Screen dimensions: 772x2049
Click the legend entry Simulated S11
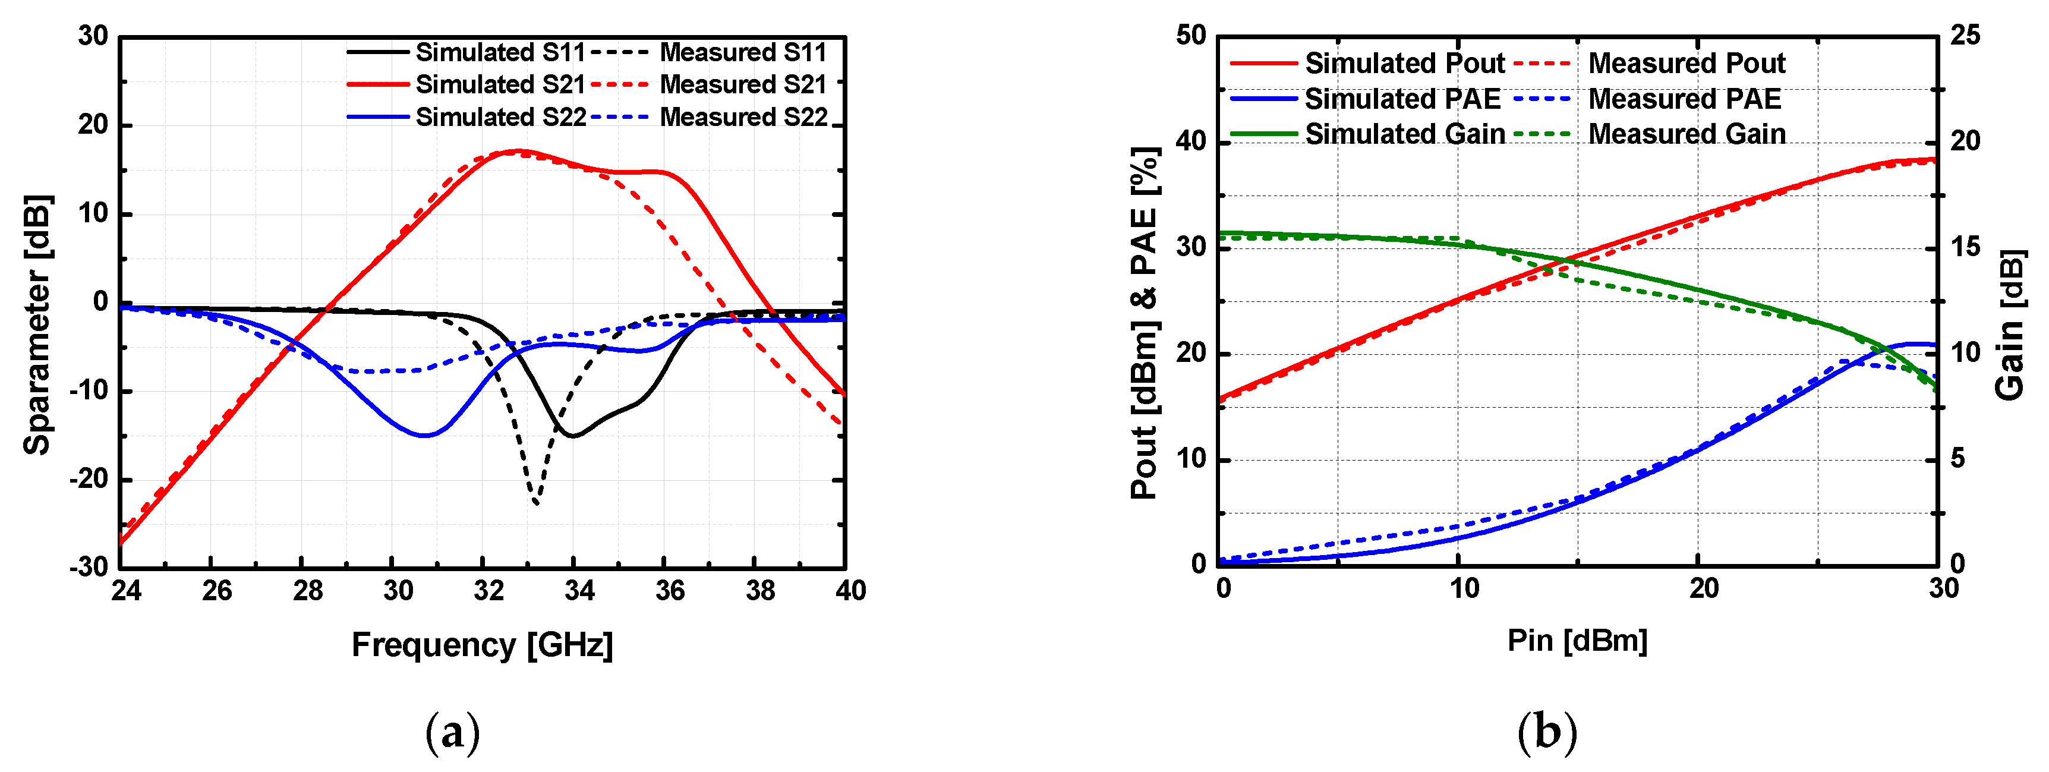[x=500, y=52]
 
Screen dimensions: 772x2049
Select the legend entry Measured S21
[x=743, y=84]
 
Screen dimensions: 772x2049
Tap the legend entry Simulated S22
[x=500, y=117]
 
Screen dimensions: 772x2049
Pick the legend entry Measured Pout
[x=1687, y=63]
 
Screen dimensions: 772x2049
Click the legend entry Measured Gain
[x=1687, y=134]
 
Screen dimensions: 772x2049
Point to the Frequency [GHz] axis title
[x=482, y=645]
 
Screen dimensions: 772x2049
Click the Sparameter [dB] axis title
[x=37, y=324]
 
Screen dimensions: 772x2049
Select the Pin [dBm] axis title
[x=1577, y=640]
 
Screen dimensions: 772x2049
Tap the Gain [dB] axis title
[x=2009, y=324]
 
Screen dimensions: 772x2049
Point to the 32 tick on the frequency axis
[x=488, y=591]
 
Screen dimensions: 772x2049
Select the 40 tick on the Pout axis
[x=1191, y=141]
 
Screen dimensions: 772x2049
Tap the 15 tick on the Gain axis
[x=1965, y=247]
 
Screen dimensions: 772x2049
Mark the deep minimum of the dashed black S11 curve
[x=536, y=503]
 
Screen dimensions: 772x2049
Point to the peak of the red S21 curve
[x=517, y=150]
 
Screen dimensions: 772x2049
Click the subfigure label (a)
[x=453, y=732]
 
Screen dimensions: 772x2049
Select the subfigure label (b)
[x=1546, y=732]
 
